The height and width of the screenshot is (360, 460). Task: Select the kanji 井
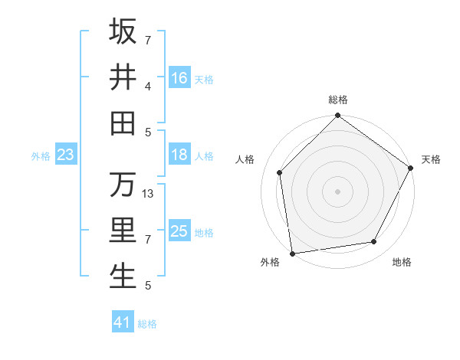[x=123, y=77]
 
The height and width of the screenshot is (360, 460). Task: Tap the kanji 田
[x=123, y=122]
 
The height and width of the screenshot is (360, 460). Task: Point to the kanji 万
[x=123, y=185]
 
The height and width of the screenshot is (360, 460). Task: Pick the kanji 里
[x=123, y=231]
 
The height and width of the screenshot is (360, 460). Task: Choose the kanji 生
[x=123, y=276]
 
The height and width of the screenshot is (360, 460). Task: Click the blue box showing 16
[x=179, y=77]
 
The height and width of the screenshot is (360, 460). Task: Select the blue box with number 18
[x=179, y=155]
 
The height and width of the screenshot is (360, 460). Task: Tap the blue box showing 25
[x=179, y=231]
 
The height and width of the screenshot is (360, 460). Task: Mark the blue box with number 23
[x=65, y=155]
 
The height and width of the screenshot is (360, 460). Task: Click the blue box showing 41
[x=123, y=322]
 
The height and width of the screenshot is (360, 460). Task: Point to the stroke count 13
[x=149, y=194]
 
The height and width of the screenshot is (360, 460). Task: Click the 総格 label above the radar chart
[x=338, y=100]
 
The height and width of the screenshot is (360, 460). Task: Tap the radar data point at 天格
[x=412, y=168]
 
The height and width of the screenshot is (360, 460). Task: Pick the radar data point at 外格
[x=292, y=253]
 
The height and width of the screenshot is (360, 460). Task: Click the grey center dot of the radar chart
[x=338, y=191]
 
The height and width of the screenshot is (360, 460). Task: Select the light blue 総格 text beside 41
[x=147, y=324]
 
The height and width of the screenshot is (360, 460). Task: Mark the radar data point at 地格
[x=374, y=241]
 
